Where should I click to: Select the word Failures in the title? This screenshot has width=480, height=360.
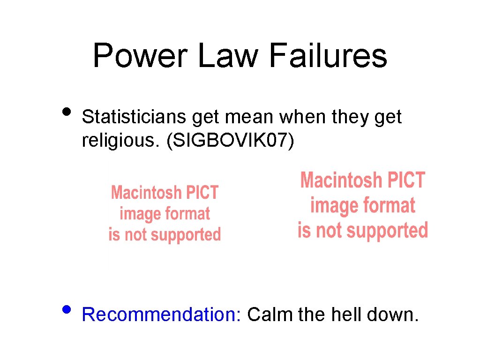coord(328,55)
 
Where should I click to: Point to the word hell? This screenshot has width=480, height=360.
coord(347,315)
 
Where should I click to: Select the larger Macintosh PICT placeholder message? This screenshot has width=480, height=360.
coord(362,205)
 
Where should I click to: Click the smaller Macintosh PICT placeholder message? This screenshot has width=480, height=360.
coord(165,213)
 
